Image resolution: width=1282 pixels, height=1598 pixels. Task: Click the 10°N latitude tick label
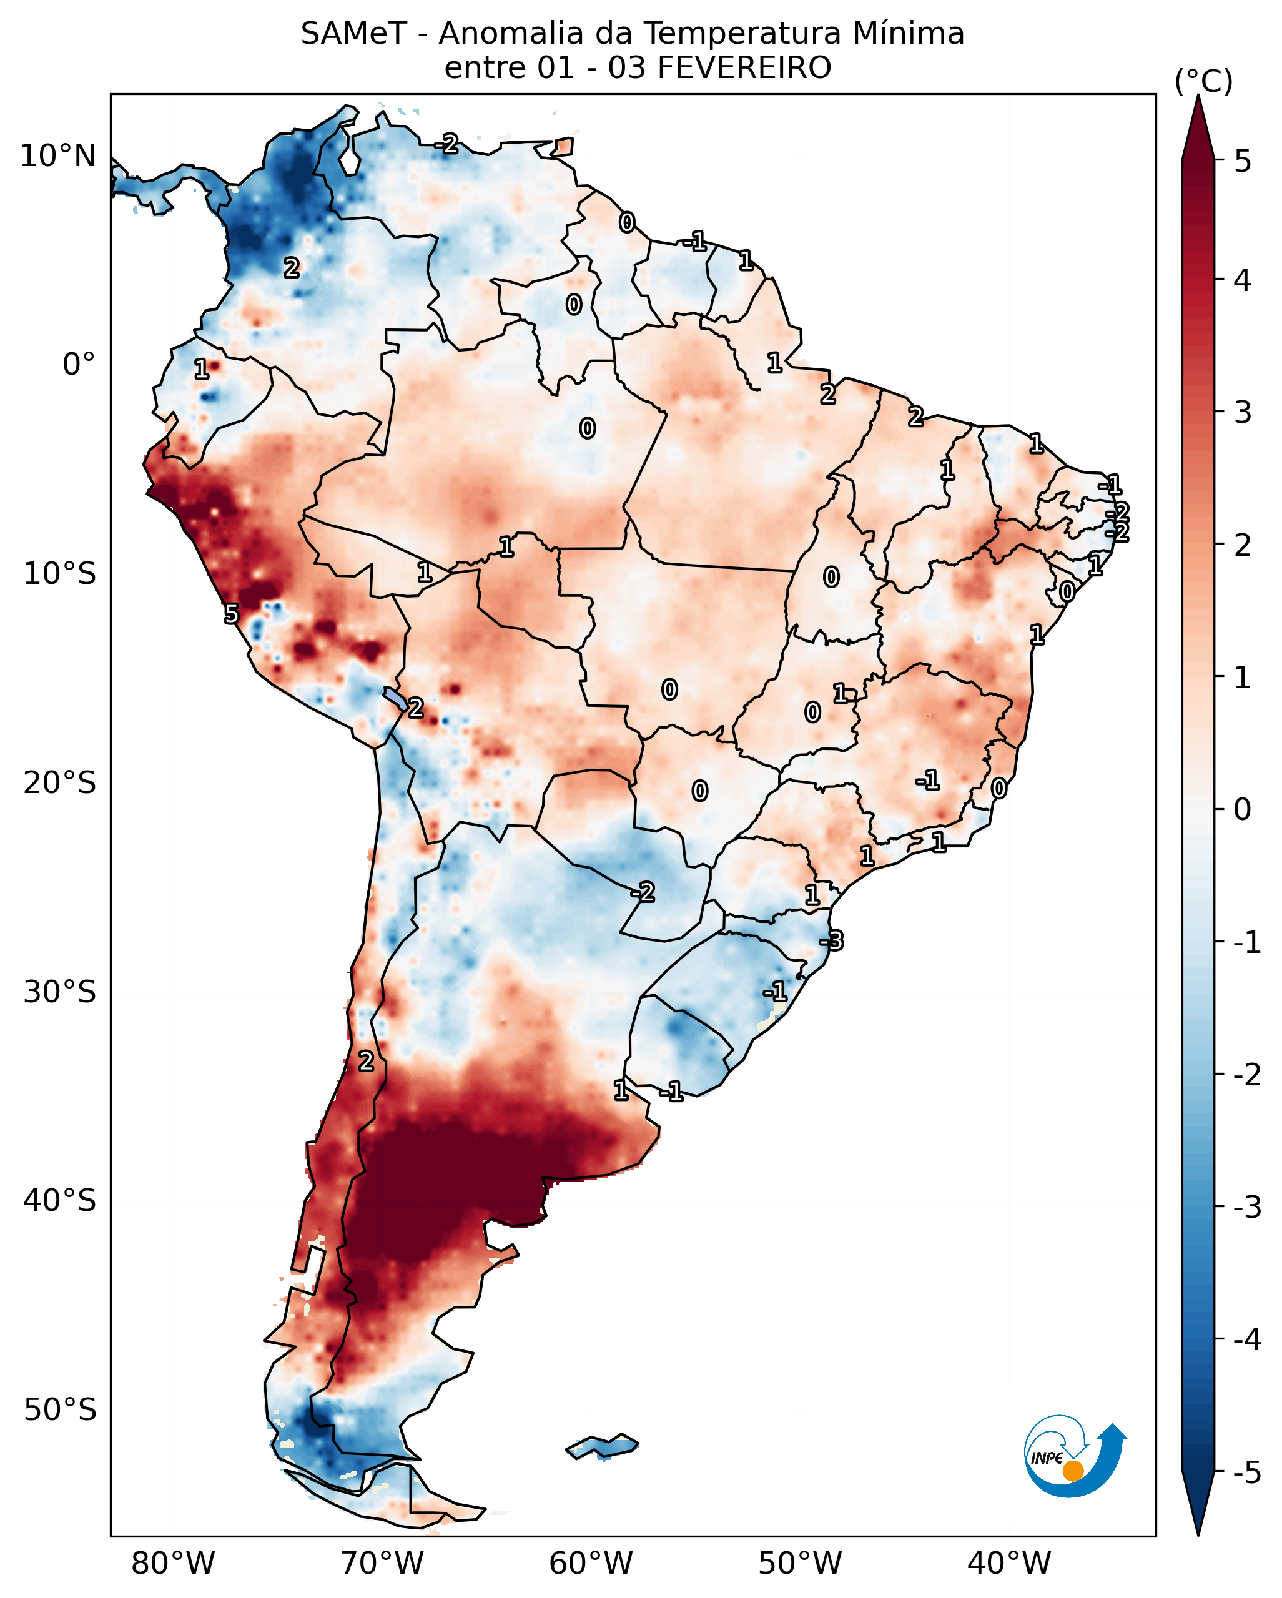[x=58, y=156]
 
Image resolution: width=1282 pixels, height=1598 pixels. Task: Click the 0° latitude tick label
[x=79, y=365]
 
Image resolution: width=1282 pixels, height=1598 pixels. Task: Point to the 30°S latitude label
[x=59, y=992]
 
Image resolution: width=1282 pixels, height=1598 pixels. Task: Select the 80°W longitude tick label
[x=173, y=1564]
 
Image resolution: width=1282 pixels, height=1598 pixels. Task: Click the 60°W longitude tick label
[x=591, y=1564]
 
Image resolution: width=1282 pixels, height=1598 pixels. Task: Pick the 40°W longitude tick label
[x=1008, y=1564]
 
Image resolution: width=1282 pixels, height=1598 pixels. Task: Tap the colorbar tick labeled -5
[x=1246, y=1472]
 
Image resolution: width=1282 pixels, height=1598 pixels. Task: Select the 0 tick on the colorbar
[x=1243, y=809]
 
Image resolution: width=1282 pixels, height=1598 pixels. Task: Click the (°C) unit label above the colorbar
[x=1203, y=81]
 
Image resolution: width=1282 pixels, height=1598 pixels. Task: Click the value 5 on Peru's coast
[x=231, y=614]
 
